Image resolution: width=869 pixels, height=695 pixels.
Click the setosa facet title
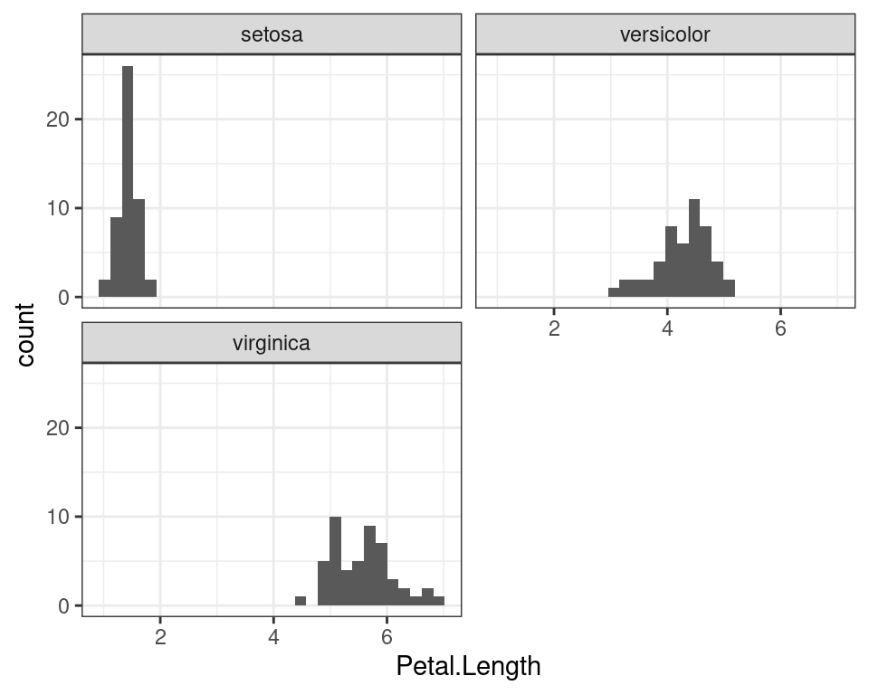pyautogui.click(x=272, y=35)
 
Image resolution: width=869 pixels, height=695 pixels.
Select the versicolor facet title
pyautogui.click(x=665, y=35)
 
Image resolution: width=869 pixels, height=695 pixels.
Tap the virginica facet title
pyautogui.click(x=272, y=344)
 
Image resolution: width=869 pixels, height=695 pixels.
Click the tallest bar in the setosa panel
pyautogui.click(x=128, y=181)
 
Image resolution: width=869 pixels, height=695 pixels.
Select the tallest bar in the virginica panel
pyautogui.click(x=335, y=561)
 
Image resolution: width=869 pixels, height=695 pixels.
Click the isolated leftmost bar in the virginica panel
pyautogui.click(x=301, y=601)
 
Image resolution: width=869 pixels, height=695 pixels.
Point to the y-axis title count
pyautogui.click(x=25, y=335)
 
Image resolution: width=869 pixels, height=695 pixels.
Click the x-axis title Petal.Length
pyautogui.click(x=468, y=667)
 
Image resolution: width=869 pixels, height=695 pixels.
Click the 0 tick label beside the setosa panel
pyautogui.click(x=63, y=298)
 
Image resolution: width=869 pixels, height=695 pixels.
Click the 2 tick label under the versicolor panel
pyautogui.click(x=554, y=328)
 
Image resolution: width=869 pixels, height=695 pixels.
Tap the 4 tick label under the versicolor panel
pyautogui.click(x=667, y=328)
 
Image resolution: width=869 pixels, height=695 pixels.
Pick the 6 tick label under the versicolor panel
pyautogui.click(x=780, y=328)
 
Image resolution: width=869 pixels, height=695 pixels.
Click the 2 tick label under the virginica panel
pyautogui.click(x=160, y=637)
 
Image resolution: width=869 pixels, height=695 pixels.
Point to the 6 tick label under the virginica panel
pyautogui.click(x=387, y=637)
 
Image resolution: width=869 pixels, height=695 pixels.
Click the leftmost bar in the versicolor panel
pyautogui.click(x=614, y=292)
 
